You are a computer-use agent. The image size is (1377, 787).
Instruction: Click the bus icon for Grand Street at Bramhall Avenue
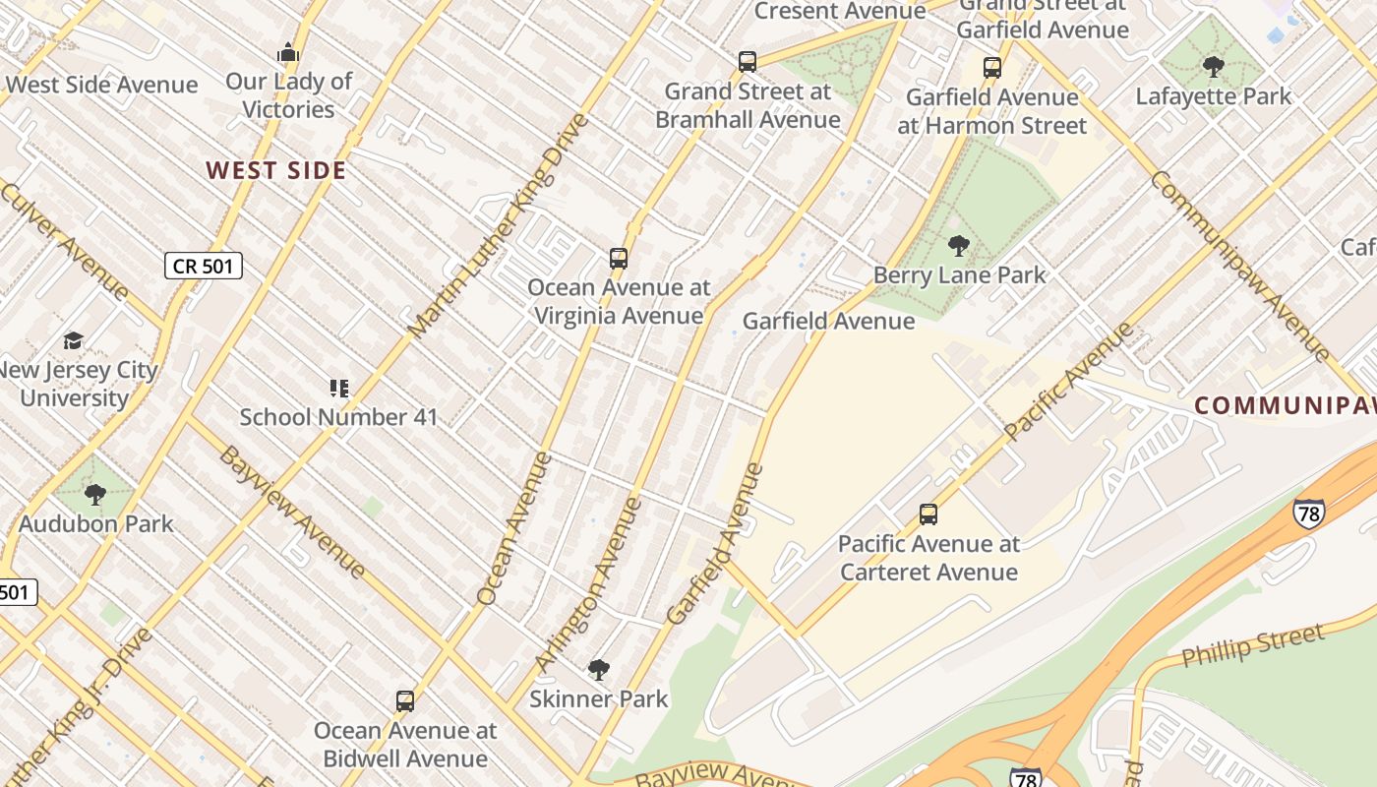pyautogui.click(x=748, y=62)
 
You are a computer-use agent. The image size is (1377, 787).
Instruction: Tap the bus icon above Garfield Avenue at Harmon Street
pyautogui.click(x=992, y=68)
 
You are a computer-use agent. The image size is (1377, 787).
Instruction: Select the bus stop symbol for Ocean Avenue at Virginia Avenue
pyautogui.click(x=619, y=259)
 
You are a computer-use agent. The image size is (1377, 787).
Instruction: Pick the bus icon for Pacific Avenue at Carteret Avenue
pyautogui.click(x=928, y=515)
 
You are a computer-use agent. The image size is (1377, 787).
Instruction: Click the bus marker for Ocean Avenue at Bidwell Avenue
pyautogui.click(x=405, y=701)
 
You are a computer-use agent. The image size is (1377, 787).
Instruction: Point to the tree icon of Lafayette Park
pyautogui.click(x=1214, y=67)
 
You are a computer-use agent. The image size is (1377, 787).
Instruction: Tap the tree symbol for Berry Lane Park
pyautogui.click(x=959, y=246)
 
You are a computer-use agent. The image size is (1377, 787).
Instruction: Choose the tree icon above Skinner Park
pyautogui.click(x=598, y=671)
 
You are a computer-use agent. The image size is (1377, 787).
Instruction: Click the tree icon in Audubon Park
pyautogui.click(x=95, y=494)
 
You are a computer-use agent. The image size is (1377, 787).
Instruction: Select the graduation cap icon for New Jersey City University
pyautogui.click(x=74, y=341)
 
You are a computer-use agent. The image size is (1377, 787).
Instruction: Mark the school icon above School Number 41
pyautogui.click(x=339, y=389)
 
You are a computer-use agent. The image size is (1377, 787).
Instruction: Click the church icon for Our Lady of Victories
pyautogui.click(x=288, y=52)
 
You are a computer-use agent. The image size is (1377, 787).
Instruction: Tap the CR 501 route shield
pyautogui.click(x=203, y=266)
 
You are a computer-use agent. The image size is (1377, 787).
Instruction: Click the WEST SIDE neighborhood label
pyautogui.click(x=276, y=170)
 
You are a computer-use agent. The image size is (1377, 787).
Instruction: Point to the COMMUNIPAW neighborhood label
pyautogui.click(x=1284, y=405)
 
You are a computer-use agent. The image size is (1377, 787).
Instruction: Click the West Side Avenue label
pyautogui.click(x=101, y=85)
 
